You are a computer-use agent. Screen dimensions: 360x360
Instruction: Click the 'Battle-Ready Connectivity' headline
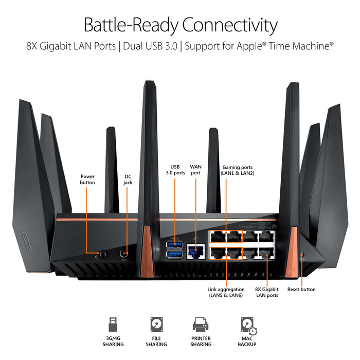pyautogui.click(x=180, y=24)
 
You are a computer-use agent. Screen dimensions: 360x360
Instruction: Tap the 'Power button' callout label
pyautogui.click(x=87, y=179)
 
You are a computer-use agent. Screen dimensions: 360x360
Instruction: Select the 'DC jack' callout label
pyautogui.click(x=128, y=179)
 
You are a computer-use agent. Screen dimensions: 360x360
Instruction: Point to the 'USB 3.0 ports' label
pyautogui.click(x=177, y=170)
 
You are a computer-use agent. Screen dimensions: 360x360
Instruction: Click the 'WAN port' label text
pyautogui.click(x=196, y=170)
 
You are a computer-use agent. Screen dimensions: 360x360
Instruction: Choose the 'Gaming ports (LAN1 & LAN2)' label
pyautogui.click(x=238, y=170)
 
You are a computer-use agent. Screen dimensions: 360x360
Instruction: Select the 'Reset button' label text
pyautogui.click(x=301, y=290)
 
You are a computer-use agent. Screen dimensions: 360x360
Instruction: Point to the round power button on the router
pyautogui.click(x=103, y=253)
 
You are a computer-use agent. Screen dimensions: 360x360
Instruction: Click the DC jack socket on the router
pyautogui.click(x=124, y=253)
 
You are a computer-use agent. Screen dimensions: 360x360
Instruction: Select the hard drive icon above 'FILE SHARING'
pyautogui.click(x=156, y=324)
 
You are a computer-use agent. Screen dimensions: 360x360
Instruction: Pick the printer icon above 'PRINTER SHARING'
pyautogui.click(x=200, y=324)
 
